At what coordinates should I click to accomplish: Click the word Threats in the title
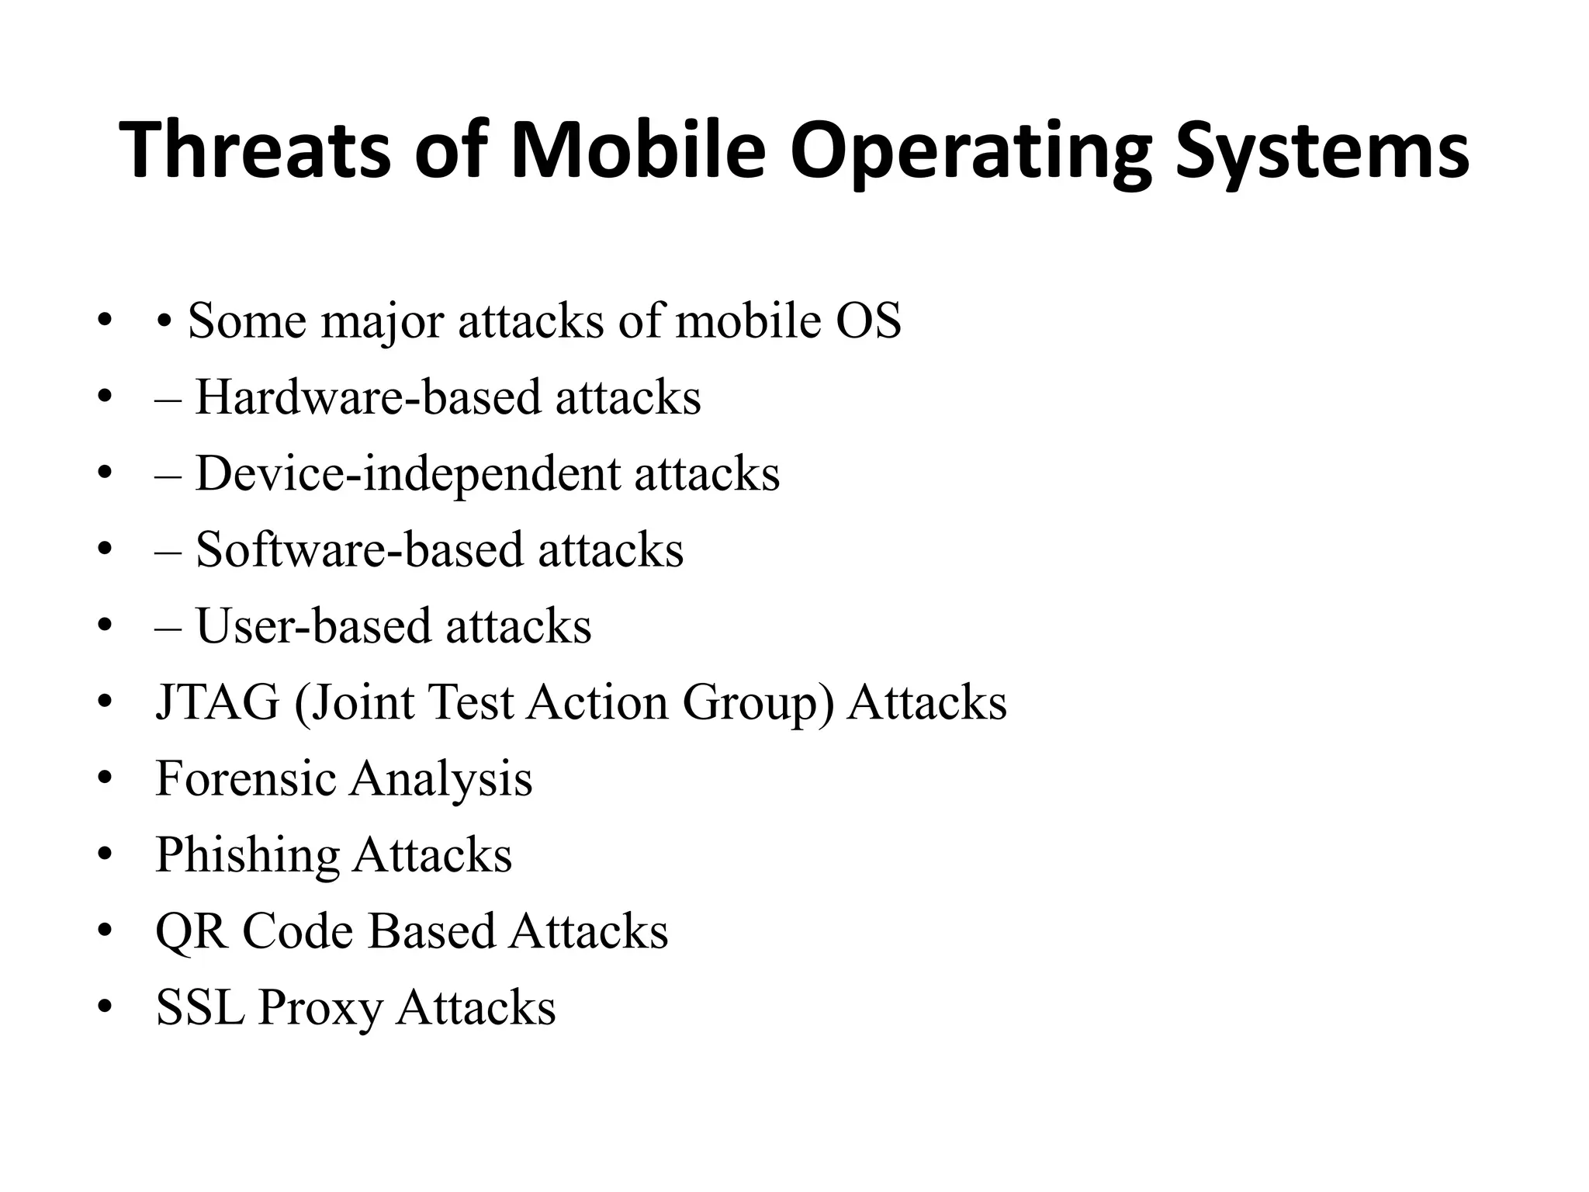[255, 151]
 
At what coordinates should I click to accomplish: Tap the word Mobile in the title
[637, 151]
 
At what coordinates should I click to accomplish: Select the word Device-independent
[407, 473]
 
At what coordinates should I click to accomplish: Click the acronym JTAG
[217, 702]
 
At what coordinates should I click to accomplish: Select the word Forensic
[245, 778]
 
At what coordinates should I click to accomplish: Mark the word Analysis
[441, 778]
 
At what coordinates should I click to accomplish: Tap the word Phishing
[248, 854]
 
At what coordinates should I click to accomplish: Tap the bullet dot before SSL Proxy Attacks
[106, 1007]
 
